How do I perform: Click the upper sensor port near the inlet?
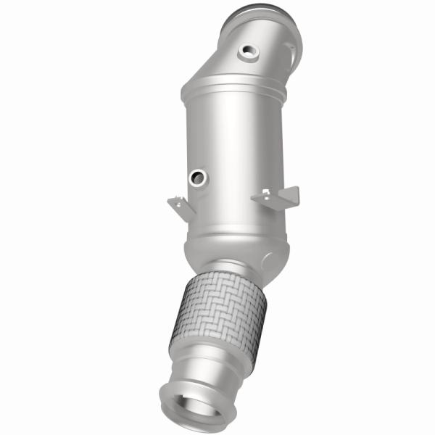click(250, 51)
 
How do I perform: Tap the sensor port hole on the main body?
click(197, 176)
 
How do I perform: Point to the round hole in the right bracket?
click(268, 195)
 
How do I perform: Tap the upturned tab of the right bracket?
click(291, 193)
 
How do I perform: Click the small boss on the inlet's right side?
click(290, 51)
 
